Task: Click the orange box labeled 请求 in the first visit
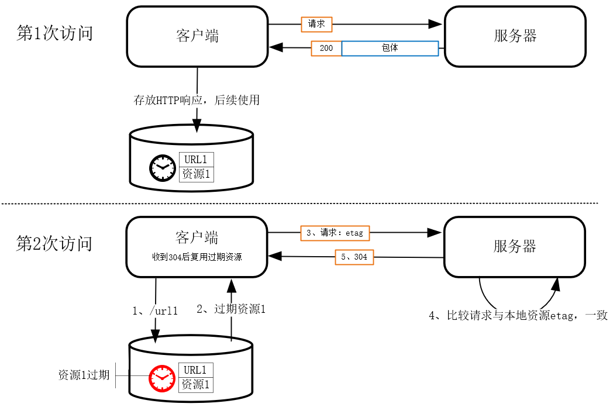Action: coord(316,24)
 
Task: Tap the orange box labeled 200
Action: coord(326,48)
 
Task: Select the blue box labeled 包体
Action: coord(390,48)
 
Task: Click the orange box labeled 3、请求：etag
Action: coord(335,233)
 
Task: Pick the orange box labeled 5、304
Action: coord(354,257)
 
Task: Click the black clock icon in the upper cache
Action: coord(162,168)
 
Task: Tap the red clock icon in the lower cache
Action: coord(162,378)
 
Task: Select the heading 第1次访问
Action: coord(54,33)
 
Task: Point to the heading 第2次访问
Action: coord(54,243)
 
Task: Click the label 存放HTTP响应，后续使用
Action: coord(197,100)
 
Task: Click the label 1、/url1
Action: coord(154,311)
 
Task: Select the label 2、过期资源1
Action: coord(231,309)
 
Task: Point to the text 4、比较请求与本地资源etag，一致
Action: coord(518,316)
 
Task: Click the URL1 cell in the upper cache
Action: coord(195,160)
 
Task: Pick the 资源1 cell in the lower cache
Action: coord(195,385)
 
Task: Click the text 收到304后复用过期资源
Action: coord(197,257)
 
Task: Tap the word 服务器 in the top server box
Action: coord(515,36)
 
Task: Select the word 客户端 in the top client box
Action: coord(197,36)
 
